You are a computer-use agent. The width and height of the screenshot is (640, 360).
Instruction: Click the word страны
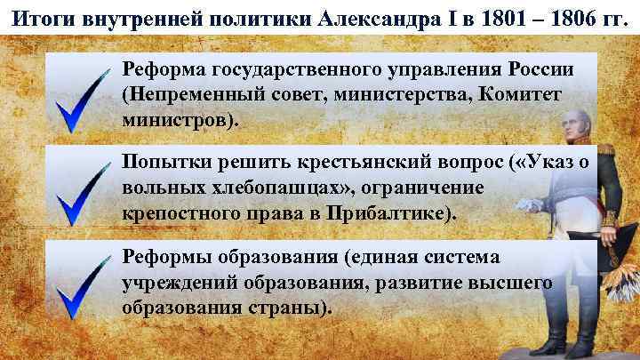point(289,308)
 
